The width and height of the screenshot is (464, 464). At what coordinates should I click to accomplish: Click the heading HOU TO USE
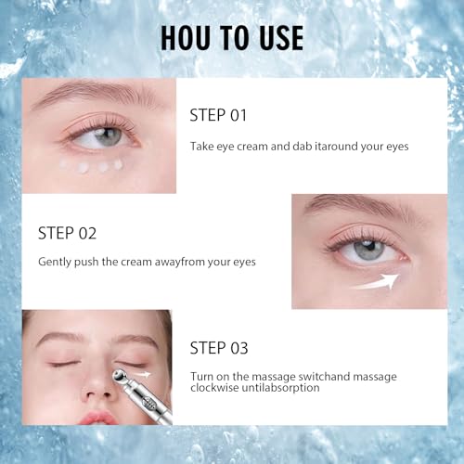click(231, 37)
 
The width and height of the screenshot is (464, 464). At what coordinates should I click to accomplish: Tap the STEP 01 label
click(220, 116)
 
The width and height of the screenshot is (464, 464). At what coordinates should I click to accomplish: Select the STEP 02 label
click(68, 233)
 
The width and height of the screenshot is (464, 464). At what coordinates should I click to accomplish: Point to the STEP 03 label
click(220, 348)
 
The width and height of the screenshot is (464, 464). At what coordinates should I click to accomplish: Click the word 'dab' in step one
click(310, 146)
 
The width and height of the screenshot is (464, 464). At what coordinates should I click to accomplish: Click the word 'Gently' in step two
click(57, 262)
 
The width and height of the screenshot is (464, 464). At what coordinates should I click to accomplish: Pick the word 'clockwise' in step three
click(220, 388)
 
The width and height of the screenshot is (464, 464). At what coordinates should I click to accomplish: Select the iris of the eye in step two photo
click(368, 250)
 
